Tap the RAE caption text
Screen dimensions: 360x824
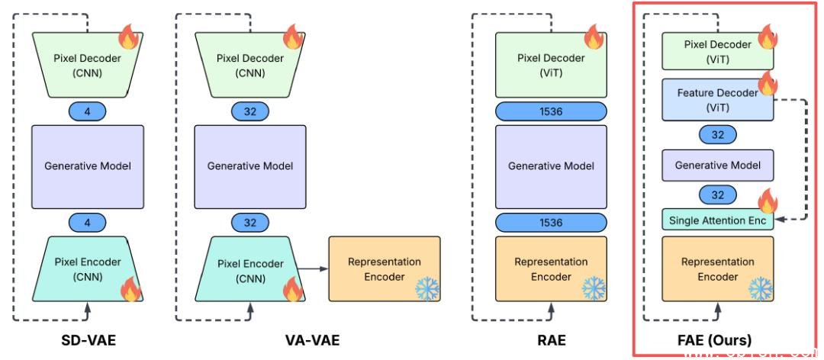coord(551,339)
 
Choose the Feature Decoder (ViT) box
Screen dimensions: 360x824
coord(716,100)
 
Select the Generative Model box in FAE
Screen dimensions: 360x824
coord(717,166)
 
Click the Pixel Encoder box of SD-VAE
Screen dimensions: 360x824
coord(87,269)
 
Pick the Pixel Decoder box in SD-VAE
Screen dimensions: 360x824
coord(87,65)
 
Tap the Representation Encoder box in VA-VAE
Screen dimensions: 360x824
coord(385,268)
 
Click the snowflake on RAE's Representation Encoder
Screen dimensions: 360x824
coord(594,288)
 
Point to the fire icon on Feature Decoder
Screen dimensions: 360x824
coord(764,82)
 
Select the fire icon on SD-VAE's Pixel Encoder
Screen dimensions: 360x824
coord(130,290)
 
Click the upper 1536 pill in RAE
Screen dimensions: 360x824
coord(551,111)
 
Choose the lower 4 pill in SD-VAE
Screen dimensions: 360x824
coord(87,222)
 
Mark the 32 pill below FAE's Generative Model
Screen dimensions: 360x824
coord(717,195)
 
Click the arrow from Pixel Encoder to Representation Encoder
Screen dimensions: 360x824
coord(313,268)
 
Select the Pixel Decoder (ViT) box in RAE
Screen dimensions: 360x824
coord(551,65)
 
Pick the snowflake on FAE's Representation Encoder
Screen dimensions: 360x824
coord(761,288)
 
